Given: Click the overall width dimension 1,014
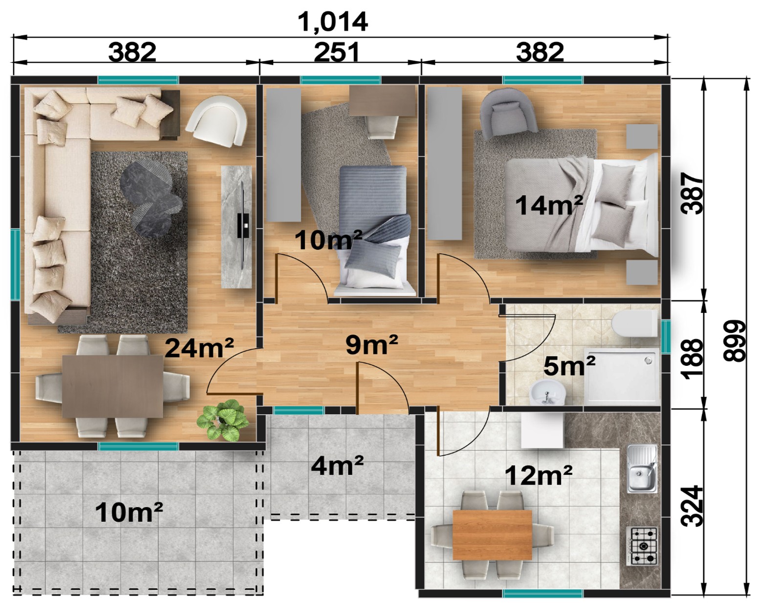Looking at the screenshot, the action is tap(333, 22).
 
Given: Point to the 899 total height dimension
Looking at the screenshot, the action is tap(734, 340).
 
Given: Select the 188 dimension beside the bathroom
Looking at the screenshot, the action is tap(693, 359).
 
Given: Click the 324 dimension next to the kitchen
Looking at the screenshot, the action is tap(693, 506).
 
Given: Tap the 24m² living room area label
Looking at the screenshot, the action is tap(199, 348).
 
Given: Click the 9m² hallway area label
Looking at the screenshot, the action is tap(371, 344).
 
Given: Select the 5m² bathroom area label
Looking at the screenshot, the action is tap(569, 366).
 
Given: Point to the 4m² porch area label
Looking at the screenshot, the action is tap(337, 466).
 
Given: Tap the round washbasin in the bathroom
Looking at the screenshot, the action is tap(546, 392).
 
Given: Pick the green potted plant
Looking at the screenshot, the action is tap(223, 420).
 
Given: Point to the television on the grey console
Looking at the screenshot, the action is tap(243, 225).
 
